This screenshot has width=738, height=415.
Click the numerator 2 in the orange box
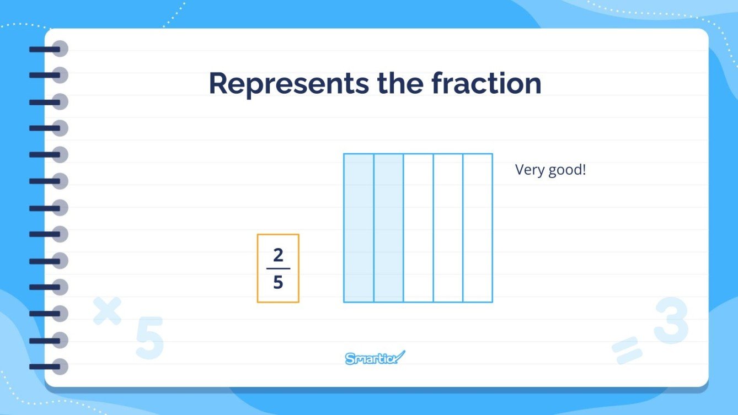tap(278, 256)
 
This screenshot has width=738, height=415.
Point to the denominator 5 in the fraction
tap(278, 282)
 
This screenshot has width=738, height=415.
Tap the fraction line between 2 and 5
tap(278, 269)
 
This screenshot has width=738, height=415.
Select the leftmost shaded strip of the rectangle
tap(359, 228)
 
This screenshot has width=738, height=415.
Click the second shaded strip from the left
tap(388, 228)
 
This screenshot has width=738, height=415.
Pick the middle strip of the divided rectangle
tap(418, 228)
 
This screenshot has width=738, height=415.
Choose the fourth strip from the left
tap(448, 228)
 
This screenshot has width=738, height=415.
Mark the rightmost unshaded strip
tap(478, 228)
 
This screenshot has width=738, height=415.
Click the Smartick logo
tap(375, 358)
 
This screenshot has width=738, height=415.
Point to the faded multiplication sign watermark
tap(107, 310)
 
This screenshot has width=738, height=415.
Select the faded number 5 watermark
tap(149, 338)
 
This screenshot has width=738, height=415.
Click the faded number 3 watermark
tap(671, 322)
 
